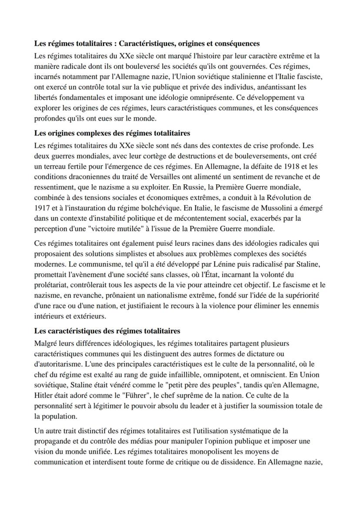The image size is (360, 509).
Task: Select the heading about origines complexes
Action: (112, 133)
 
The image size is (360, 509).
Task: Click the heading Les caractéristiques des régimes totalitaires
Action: (107, 331)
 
